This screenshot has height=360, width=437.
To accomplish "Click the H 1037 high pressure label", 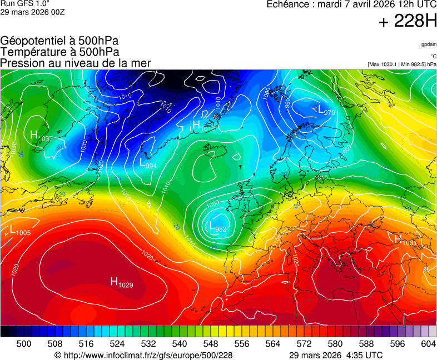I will pyautogui.click(x=41, y=136).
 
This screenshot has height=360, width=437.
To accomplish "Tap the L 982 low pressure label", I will pyautogui.click(x=217, y=227).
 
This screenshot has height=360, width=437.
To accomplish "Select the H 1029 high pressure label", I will pyautogui.click(x=121, y=283).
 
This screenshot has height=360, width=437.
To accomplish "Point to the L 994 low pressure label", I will pyautogui.click(x=147, y=164).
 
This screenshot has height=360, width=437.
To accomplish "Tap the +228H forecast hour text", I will pyautogui.click(x=407, y=22).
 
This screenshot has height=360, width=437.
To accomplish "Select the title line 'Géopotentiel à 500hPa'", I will pyautogui.click(x=59, y=41).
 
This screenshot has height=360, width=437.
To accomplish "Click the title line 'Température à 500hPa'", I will pyautogui.click(x=59, y=52).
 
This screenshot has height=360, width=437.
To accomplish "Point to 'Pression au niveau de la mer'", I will pyautogui.click(x=76, y=63).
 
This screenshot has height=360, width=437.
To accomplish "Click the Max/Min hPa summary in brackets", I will pyautogui.click(x=401, y=64).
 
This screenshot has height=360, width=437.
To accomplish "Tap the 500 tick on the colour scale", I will pyautogui.click(x=23, y=344).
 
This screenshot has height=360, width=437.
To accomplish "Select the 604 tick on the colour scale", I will pyautogui.click(x=428, y=344).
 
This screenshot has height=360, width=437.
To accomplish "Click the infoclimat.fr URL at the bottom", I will pyautogui.click(x=143, y=355).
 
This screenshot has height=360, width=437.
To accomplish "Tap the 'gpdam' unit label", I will pyautogui.click(x=429, y=44).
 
